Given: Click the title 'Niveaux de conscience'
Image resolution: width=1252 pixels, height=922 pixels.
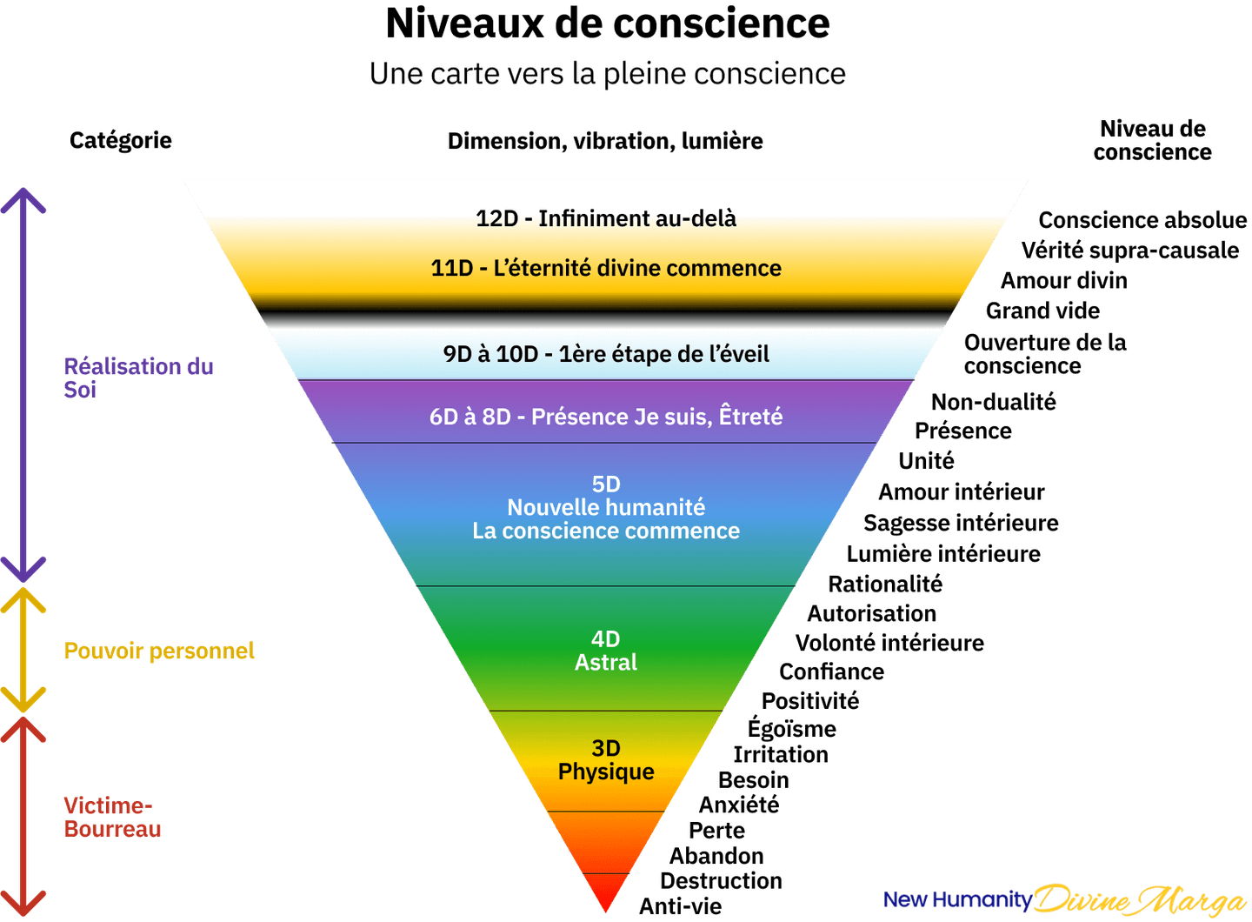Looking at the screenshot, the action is (608, 23).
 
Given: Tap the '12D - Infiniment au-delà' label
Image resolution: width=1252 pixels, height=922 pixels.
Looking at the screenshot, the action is (606, 218).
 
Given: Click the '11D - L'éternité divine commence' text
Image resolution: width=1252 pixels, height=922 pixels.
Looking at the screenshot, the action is (606, 269).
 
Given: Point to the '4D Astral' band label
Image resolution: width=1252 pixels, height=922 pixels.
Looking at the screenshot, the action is (606, 651).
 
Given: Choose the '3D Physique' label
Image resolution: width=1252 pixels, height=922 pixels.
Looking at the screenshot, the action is (606, 760).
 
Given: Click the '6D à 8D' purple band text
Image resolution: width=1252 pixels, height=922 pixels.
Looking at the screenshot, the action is (606, 418).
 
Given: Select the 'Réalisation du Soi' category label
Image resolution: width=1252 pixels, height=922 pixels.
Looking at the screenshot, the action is (138, 378).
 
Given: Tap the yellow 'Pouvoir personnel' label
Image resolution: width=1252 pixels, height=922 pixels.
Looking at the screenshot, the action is (159, 651).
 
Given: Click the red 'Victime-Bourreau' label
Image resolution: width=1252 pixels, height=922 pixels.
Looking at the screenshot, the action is (112, 818).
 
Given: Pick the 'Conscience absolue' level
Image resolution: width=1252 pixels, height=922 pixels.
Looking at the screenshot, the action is (1142, 220).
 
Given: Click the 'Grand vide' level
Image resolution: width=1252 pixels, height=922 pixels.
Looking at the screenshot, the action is (1043, 311).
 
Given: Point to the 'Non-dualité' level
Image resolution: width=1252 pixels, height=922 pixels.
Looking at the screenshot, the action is (994, 402).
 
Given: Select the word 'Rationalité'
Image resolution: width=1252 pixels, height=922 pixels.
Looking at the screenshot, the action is (885, 585).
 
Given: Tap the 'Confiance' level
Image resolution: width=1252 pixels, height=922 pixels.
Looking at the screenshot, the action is (832, 672).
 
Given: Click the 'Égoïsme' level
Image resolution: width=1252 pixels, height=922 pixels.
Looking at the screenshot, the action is (792, 728).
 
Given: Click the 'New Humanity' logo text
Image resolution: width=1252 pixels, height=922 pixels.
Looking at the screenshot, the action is (957, 899).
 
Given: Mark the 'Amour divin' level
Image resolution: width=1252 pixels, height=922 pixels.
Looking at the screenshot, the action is (1064, 281).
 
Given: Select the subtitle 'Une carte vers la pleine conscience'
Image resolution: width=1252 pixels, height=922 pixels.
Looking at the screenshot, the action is (608, 74).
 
